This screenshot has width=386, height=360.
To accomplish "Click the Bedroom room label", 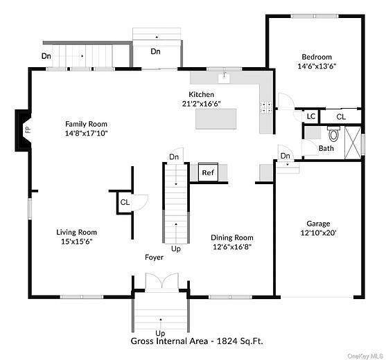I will (316, 57).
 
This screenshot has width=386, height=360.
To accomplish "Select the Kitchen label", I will (202, 94).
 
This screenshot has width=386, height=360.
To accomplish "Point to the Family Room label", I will (87, 123).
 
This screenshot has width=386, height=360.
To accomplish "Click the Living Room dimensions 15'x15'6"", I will (76, 242).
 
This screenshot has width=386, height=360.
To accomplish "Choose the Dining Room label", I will (231, 237).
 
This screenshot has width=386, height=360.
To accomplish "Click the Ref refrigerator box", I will (208, 172).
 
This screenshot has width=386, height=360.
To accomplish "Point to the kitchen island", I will (217, 118).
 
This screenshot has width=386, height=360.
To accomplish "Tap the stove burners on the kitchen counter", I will (265, 107).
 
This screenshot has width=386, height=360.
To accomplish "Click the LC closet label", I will (311, 117).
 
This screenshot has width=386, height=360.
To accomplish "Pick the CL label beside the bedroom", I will (341, 117).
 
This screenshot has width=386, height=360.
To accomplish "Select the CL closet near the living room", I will (125, 203).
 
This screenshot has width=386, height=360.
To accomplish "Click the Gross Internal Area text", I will (197, 341).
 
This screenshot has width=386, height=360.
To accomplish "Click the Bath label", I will (326, 148).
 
